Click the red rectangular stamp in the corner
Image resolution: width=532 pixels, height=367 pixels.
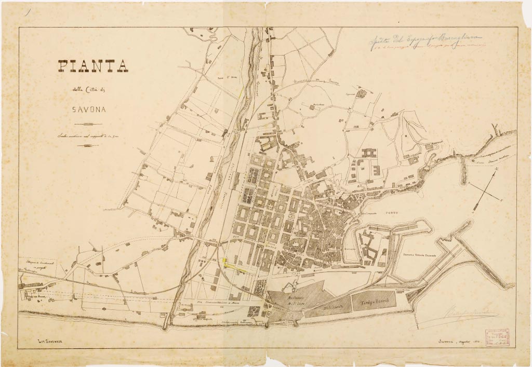(x=498, y=337)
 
